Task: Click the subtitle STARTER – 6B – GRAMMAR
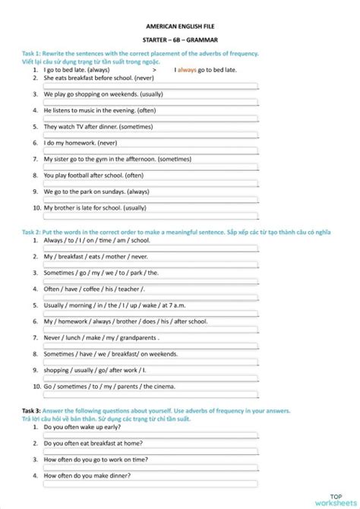click(x=179, y=40)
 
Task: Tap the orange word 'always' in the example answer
click(x=187, y=69)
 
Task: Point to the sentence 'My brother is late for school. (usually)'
click(x=95, y=207)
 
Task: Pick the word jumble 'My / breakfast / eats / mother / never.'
click(x=96, y=257)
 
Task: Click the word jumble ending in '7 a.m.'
click(x=115, y=305)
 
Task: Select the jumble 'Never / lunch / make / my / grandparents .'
click(x=101, y=338)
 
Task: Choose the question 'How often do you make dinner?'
click(x=87, y=476)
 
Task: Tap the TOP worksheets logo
click(x=336, y=495)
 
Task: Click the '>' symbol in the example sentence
click(x=154, y=69)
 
